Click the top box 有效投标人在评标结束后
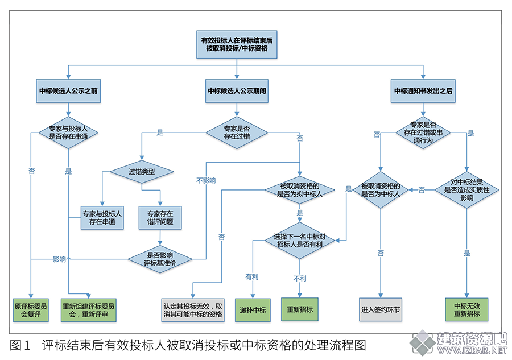[x=237, y=45]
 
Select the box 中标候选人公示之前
[x=68, y=91]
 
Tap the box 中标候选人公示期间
[x=237, y=91]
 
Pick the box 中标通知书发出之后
[x=423, y=91]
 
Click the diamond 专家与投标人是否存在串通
[x=68, y=133]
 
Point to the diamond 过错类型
[x=142, y=172]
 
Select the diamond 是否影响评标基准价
[x=160, y=259]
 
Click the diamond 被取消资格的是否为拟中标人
[x=300, y=190]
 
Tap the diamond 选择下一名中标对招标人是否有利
[x=300, y=241]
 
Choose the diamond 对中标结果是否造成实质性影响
[x=466, y=190]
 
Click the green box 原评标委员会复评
[x=31, y=310]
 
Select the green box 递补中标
[x=253, y=310]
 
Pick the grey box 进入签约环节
[x=381, y=310]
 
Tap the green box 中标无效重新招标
[x=466, y=310]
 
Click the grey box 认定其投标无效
[x=193, y=310]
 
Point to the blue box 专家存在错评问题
[x=160, y=218]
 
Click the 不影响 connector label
[x=206, y=180]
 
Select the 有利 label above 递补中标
[x=252, y=277]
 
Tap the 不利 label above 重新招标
[x=300, y=279]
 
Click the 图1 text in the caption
[x=20, y=345]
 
